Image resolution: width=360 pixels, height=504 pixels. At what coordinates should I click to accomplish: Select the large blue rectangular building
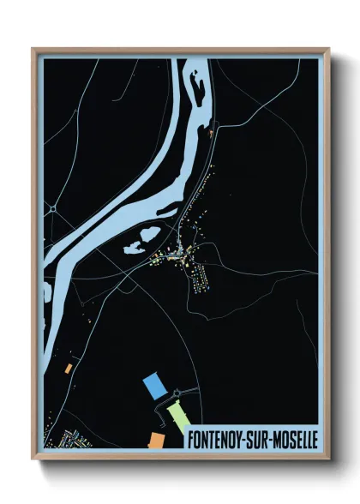pyautogui.click(x=155, y=385)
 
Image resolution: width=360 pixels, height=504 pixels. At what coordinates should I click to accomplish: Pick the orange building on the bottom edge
pyautogui.click(x=157, y=440)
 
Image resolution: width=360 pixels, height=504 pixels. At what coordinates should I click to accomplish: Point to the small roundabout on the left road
pyautogui.click(x=53, y=208)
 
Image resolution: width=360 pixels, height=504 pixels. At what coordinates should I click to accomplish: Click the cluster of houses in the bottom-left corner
pyautogui.click(x=64, y=439)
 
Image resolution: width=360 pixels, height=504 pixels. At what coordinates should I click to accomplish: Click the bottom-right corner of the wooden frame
pyautogui.click(x=327, y=458)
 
